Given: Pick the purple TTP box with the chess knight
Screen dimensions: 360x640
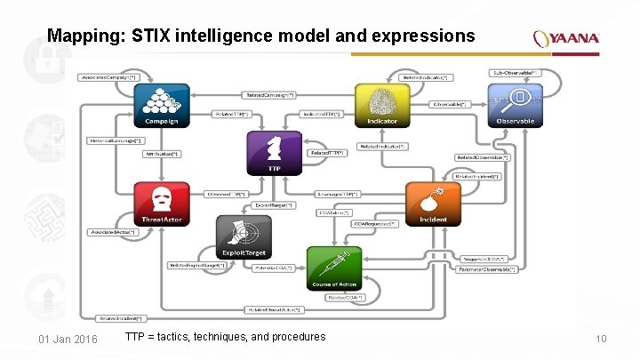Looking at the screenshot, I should point(274,153).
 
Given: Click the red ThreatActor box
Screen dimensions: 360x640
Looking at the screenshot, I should point(161,204).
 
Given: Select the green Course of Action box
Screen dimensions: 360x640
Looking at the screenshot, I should point(334,268).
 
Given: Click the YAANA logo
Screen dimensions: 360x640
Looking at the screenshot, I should point(566,38).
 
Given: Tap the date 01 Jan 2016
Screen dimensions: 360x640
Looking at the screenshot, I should point(68,340).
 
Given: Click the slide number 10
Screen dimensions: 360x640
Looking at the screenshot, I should point(600,340).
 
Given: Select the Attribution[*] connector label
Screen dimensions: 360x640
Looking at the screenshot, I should point(163,154).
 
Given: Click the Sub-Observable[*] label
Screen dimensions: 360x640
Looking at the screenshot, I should point(515,72).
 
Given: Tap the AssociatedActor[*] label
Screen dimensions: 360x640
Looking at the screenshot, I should point(113,233).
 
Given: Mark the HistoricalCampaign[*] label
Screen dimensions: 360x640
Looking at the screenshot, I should point(115,140).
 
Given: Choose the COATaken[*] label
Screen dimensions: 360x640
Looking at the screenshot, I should point(335,212).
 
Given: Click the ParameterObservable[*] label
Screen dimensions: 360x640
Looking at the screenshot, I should point(486,268).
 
